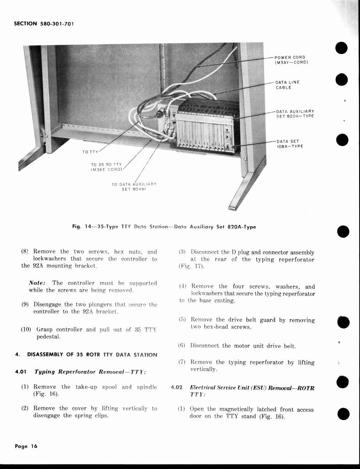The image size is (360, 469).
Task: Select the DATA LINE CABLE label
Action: pos(287,85)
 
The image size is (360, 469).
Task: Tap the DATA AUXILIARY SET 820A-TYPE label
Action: pos(295,114)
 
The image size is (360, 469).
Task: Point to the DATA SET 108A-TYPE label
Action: pos(289,144)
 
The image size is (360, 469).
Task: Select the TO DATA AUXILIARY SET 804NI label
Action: pos(134,186)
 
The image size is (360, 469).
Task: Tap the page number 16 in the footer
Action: pos(34,447)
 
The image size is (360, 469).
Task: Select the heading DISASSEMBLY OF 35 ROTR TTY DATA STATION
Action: pos(92,354)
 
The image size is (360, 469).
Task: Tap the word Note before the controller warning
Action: pos(38,283)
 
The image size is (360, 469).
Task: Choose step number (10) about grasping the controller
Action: pos(27,329)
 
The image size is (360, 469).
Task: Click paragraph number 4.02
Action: pos(176,387)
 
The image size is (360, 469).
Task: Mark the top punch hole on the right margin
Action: pos(342,48)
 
